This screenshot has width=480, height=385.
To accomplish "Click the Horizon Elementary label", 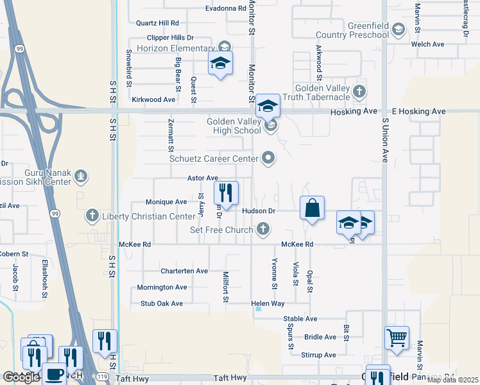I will coord(175,48).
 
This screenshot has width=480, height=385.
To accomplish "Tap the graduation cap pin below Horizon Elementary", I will coord(220,64).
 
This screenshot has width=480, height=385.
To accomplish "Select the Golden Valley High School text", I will coord(234,126).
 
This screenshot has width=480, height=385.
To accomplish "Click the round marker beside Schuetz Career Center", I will coord(269,158).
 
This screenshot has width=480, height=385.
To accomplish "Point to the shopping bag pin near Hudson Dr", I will coord(312,209).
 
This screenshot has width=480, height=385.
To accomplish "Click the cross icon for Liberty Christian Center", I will coord(92,216).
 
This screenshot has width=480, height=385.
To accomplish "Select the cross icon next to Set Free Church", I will coord(262,229).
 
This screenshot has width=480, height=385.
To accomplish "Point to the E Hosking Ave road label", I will coord(418,112).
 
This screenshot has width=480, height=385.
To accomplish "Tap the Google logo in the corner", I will coord(21,377).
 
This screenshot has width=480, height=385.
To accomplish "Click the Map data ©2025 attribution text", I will coord(452,380).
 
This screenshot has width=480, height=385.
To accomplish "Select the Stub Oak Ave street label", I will coord(157,304).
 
